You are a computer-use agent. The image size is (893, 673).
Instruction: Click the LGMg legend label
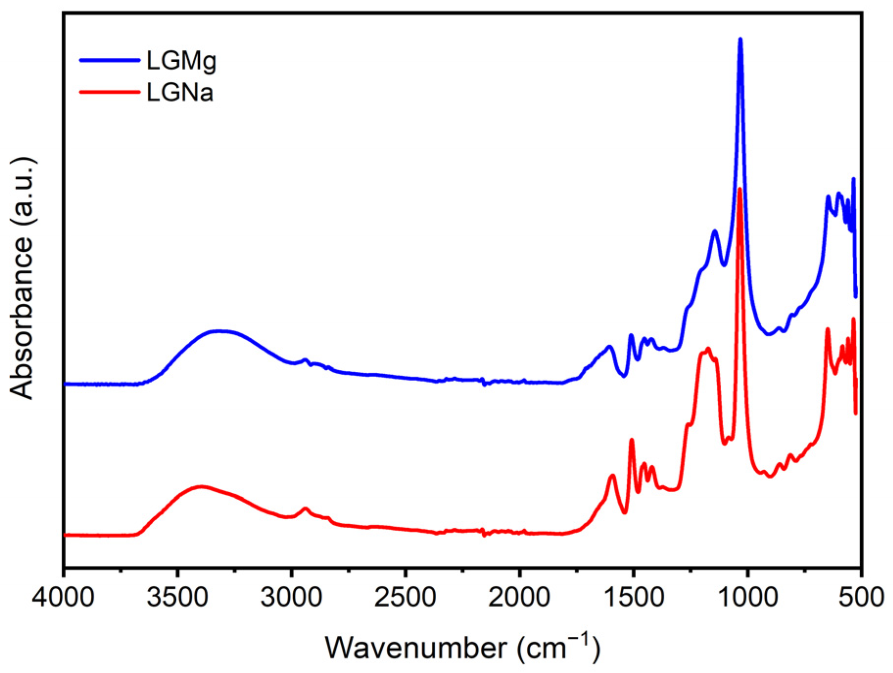[181, 61]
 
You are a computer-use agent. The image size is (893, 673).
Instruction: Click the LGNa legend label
[180, 93]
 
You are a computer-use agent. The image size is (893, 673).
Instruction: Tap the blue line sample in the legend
[110, 60]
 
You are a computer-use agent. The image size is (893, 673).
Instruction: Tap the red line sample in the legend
[110, 92]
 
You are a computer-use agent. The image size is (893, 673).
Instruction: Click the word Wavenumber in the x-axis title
[416, 648]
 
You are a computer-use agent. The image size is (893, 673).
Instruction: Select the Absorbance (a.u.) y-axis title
[23, 278]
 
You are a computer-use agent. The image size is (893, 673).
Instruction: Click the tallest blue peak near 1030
[740, 39]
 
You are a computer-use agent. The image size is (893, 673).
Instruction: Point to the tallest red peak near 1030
[740, 189]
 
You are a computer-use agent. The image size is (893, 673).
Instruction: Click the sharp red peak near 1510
[632, 440]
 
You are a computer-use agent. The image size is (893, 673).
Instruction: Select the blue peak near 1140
[715, 231]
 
